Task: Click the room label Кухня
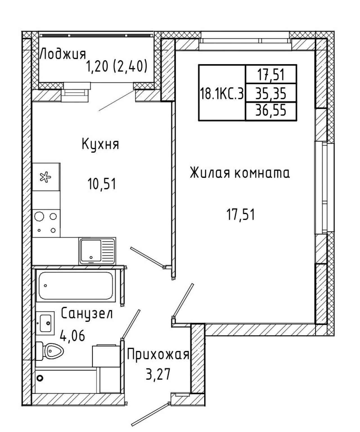tap(101, 144)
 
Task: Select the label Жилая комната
tap(240, 173)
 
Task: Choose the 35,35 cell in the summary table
tap(271, 93)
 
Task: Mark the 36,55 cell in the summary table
tap(271, 111)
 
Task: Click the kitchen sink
tap(97, 251)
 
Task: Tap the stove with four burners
tap(46, 223)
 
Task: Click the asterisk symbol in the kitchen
tap(45, 177)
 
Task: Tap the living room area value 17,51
tap(241, 215)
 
